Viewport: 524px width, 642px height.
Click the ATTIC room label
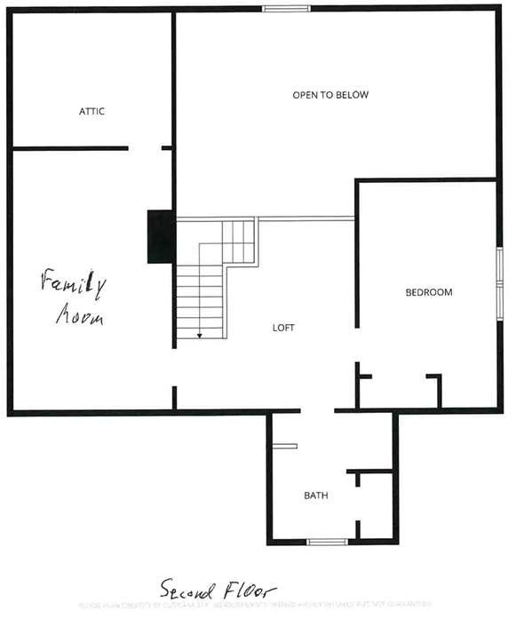click(91, 111)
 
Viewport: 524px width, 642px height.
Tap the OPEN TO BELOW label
click(330, 94)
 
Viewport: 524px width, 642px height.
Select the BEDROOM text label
click(429, 292)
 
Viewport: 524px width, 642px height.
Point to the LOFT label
click(283, 328)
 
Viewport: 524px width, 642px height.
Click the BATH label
click(316, 495)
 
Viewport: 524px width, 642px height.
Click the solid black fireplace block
click(160, 236)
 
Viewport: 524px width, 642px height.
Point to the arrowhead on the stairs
click(200, 336)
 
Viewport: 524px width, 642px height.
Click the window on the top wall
click(285, 9)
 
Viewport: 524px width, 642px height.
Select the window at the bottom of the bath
click(326, 541)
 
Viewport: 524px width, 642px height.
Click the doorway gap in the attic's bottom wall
click(145, 148)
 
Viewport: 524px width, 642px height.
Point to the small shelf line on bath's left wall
click(283, 446)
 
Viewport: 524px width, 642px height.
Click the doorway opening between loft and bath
click(317, 410)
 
